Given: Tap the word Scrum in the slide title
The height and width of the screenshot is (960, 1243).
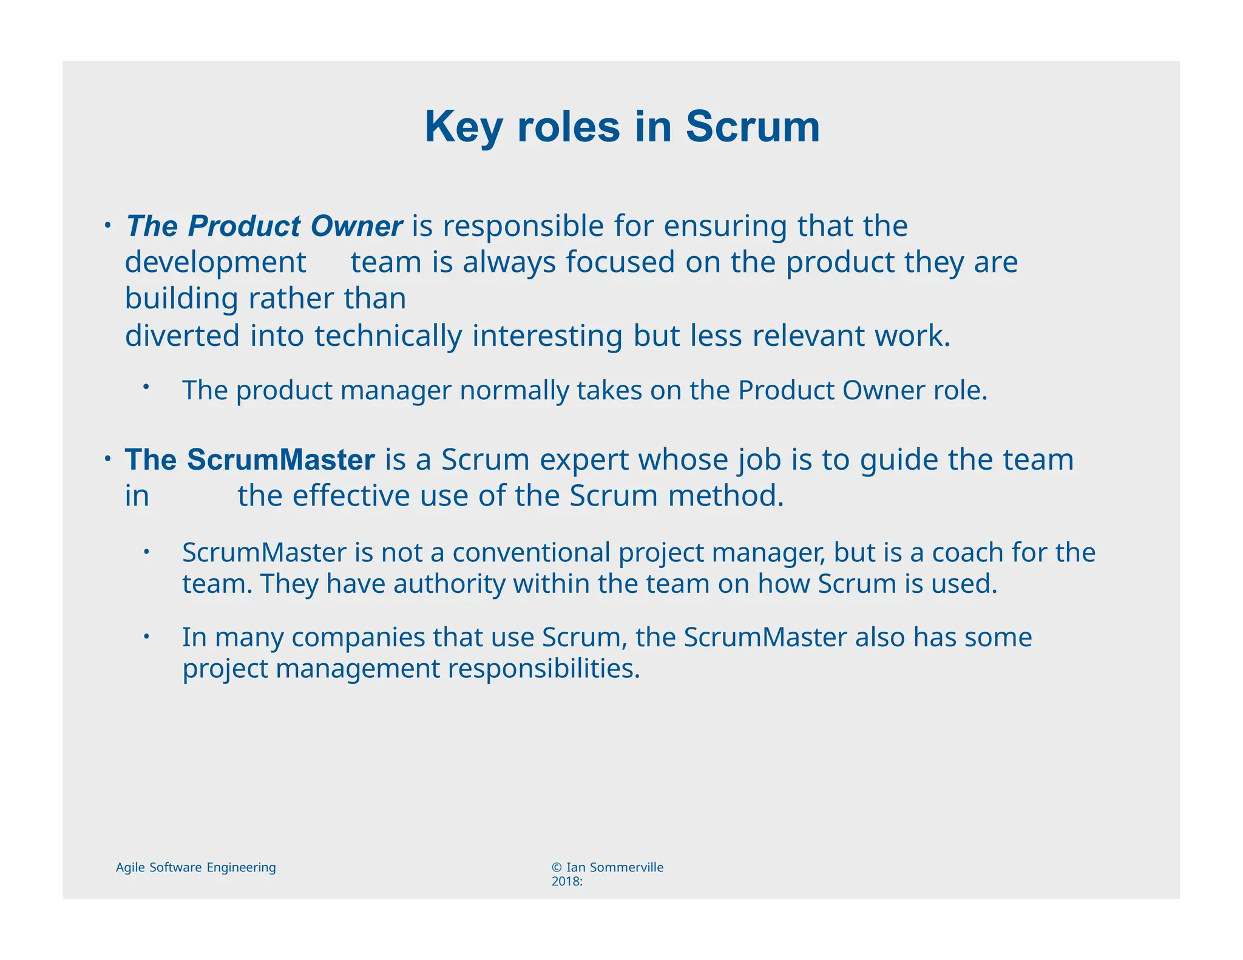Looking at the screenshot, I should point(753,127).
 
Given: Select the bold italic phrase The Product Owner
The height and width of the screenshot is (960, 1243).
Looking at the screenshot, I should point(263,226).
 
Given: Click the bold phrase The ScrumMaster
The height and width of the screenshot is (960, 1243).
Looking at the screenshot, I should point(249,460).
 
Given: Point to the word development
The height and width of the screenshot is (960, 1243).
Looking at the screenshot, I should point(215,263).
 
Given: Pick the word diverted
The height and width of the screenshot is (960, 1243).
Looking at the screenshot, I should point(182,336).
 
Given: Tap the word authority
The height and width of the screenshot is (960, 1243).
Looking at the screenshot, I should point(449,584).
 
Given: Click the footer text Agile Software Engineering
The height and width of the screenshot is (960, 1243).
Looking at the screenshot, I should point(195,868).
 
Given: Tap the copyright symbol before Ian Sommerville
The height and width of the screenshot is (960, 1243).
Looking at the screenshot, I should point(557,868).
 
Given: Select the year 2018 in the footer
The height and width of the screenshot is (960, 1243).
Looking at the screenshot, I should point(564,882).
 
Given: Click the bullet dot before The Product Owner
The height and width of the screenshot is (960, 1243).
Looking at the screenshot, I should point(106,225).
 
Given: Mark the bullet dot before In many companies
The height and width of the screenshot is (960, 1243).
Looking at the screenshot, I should point(146,637).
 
